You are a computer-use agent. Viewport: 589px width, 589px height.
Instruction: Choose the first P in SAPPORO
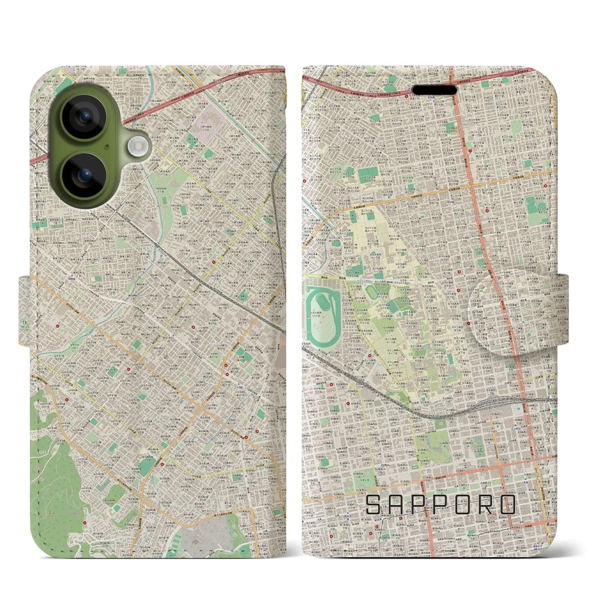[421, 505]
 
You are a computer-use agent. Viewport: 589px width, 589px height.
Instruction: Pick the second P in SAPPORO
[444, 505]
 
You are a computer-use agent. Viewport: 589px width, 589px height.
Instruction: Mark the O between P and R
[467, 505]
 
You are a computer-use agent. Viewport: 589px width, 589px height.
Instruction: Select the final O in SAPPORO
[508, 505]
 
